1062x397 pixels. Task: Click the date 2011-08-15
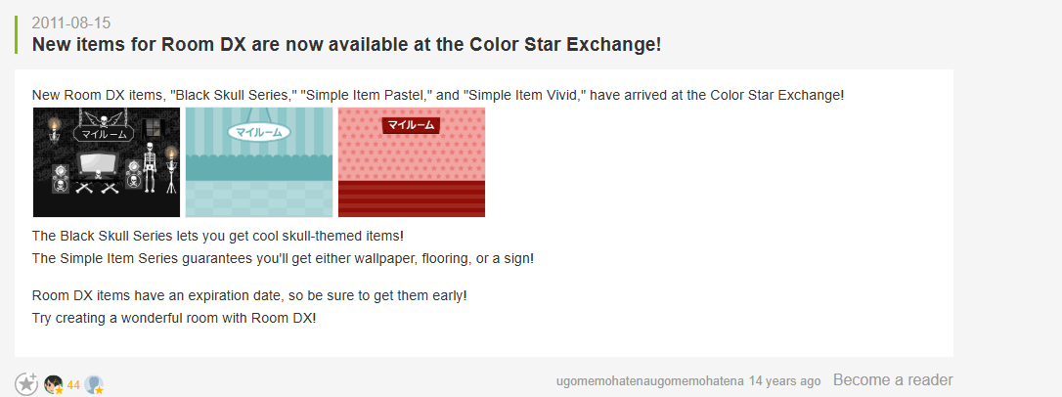(x=71, y=23)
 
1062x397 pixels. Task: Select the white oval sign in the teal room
(x=259, y=132)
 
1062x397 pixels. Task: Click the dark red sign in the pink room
(x=411, y=125)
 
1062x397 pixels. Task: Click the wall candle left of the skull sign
(x=54, y=129)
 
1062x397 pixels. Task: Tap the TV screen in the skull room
(x=101, y=164)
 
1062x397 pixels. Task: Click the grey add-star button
(x=26, y=384)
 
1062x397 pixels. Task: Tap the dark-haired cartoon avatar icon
(x=54, y=385)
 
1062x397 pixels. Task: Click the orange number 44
(x=73, y=385)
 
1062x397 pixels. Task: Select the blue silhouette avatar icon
(x=94, y=385)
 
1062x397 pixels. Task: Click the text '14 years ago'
(x=784, y=380)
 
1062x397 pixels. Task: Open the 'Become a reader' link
(x=893, y=379)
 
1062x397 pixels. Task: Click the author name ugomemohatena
(x=650, y=381)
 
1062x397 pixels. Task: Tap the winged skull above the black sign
(x=105, y=121)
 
